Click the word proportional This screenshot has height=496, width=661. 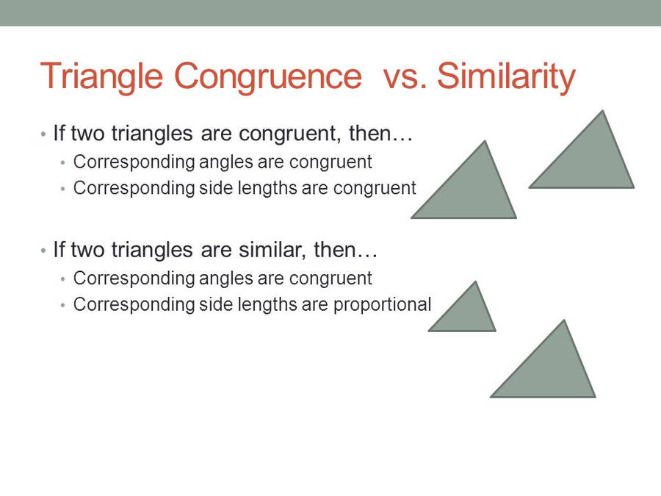point(382,304)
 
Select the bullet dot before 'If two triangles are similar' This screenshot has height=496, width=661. point(43,251)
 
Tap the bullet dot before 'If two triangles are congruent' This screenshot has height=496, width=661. point(43,135)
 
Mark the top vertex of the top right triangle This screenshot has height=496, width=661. point(602,111)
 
